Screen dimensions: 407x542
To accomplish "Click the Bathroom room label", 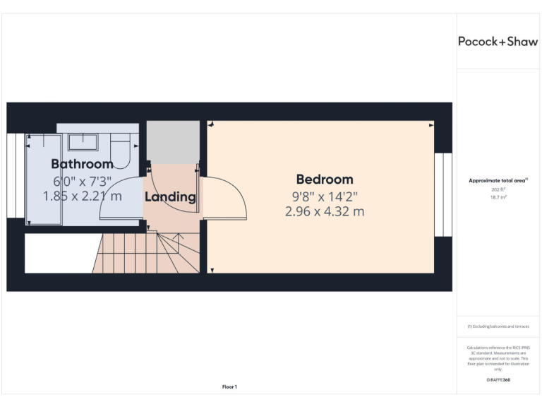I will tap(82, 164).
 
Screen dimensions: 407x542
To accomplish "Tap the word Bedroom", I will tap(325, 179).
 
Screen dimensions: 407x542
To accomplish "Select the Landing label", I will tap(170, 197).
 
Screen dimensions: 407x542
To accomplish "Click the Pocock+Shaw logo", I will tap(498, 41).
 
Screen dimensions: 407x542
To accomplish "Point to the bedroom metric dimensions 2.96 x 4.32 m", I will tap(325, 211).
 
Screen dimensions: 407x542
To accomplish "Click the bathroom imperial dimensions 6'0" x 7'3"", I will tap(83, 180).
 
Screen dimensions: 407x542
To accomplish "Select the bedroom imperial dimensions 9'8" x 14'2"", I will tap(325, 196).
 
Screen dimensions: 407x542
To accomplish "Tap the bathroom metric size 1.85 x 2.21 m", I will tap(83, 196).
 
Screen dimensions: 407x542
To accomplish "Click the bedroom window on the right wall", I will tap(442, 194).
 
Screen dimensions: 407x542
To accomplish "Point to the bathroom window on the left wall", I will tap(16, 180).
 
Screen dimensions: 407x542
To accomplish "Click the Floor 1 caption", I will tap(229, 387).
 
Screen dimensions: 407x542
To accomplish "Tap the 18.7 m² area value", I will tap(499, 198).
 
